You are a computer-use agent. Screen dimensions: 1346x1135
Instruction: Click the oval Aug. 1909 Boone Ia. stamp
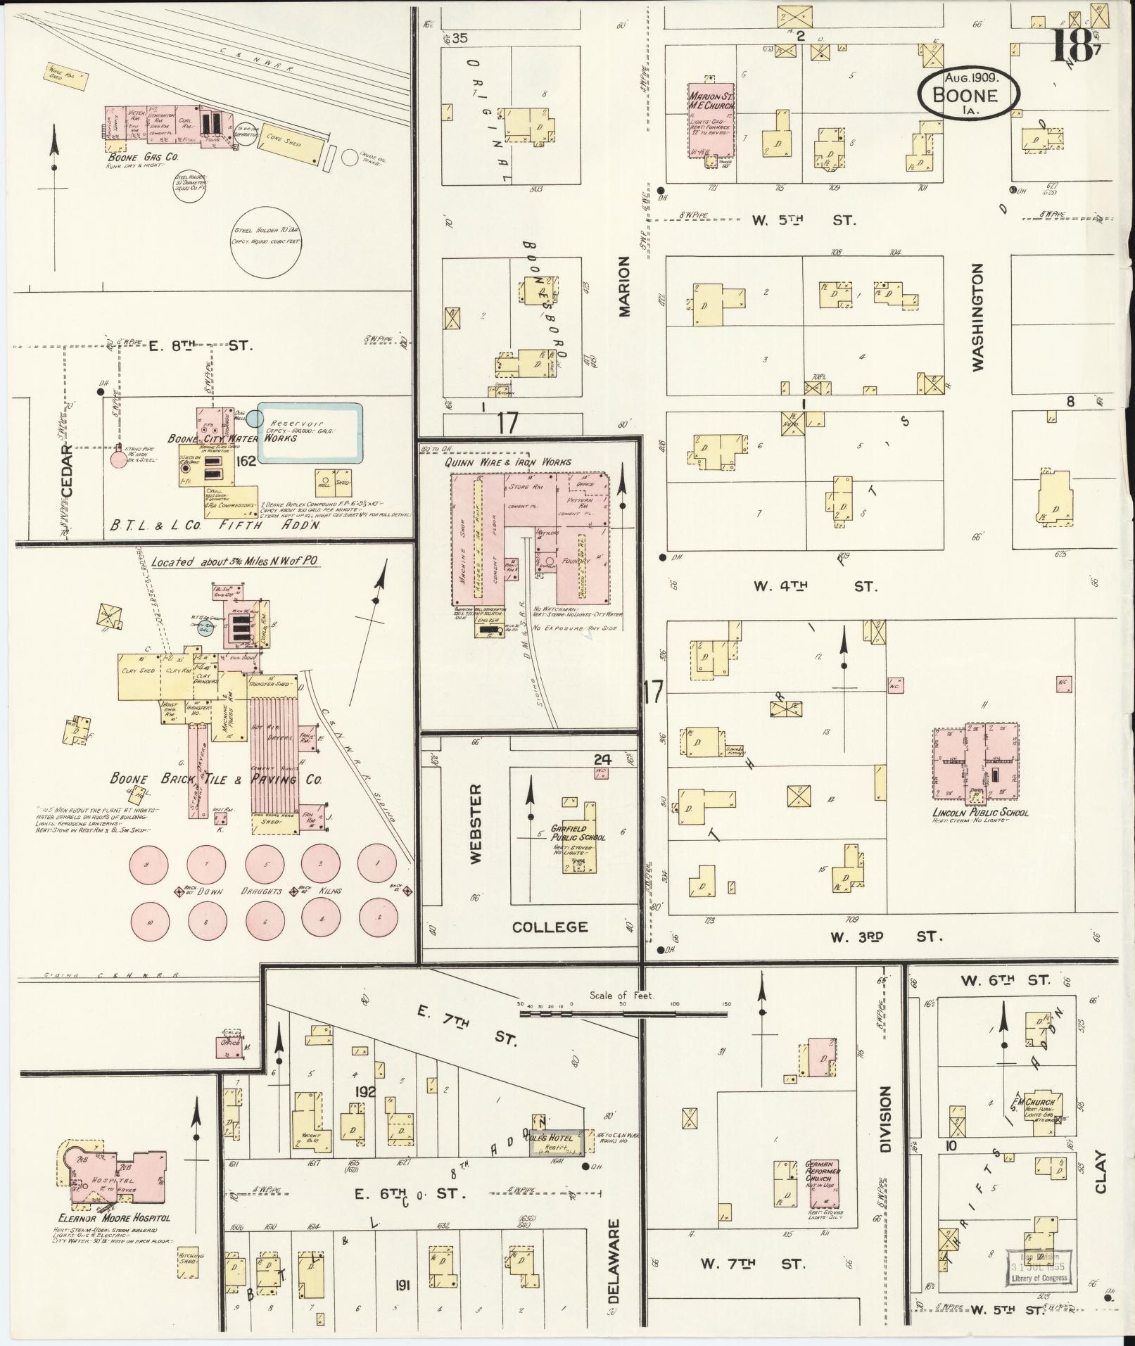pos(968,90)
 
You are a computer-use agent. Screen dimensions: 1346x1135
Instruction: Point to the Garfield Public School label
pos(578,832)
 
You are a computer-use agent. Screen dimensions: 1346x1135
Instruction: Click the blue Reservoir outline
pos(310,433)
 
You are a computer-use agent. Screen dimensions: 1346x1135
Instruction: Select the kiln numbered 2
pos(378,917)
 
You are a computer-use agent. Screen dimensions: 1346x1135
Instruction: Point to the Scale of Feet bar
pos(623,1014)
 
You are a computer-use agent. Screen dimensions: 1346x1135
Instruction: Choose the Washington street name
pos(978,317)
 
